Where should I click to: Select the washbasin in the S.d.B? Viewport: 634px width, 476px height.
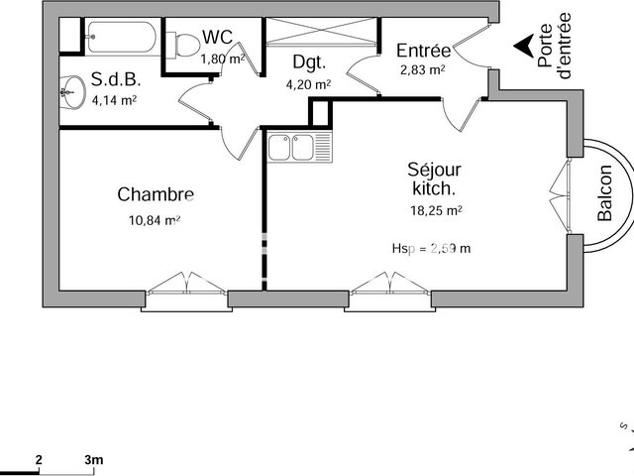[69, 94]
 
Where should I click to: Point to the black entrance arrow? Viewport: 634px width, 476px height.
[523, 46]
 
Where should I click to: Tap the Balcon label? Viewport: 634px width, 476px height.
[604, 191]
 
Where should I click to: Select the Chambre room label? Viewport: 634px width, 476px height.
[155, 194]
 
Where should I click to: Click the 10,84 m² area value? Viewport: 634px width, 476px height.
[155, 219]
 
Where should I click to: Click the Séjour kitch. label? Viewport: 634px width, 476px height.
[434, 178]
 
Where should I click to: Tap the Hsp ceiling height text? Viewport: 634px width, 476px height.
[431, 248]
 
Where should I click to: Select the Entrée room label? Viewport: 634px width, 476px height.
[423, 51]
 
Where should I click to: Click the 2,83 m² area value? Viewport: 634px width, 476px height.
[422, 69]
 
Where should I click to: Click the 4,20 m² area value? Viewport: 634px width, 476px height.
[308, 84]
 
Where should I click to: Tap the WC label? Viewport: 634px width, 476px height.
[218, 38]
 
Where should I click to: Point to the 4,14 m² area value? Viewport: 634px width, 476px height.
[113, 99]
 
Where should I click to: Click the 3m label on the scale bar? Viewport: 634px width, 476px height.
[94, 459]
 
